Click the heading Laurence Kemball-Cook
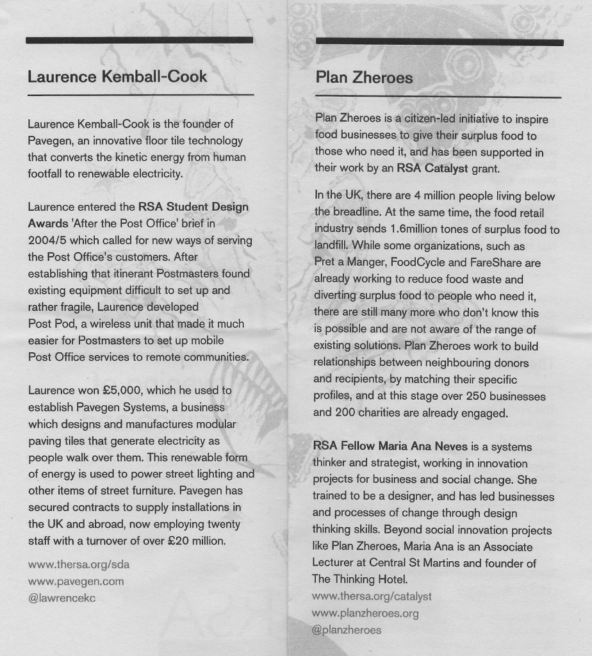117,77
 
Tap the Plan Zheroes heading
364,78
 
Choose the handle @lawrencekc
62,598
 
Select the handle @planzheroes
347,630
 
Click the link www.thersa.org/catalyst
372,596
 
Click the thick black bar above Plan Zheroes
440,42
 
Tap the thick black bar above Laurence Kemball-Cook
140,40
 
